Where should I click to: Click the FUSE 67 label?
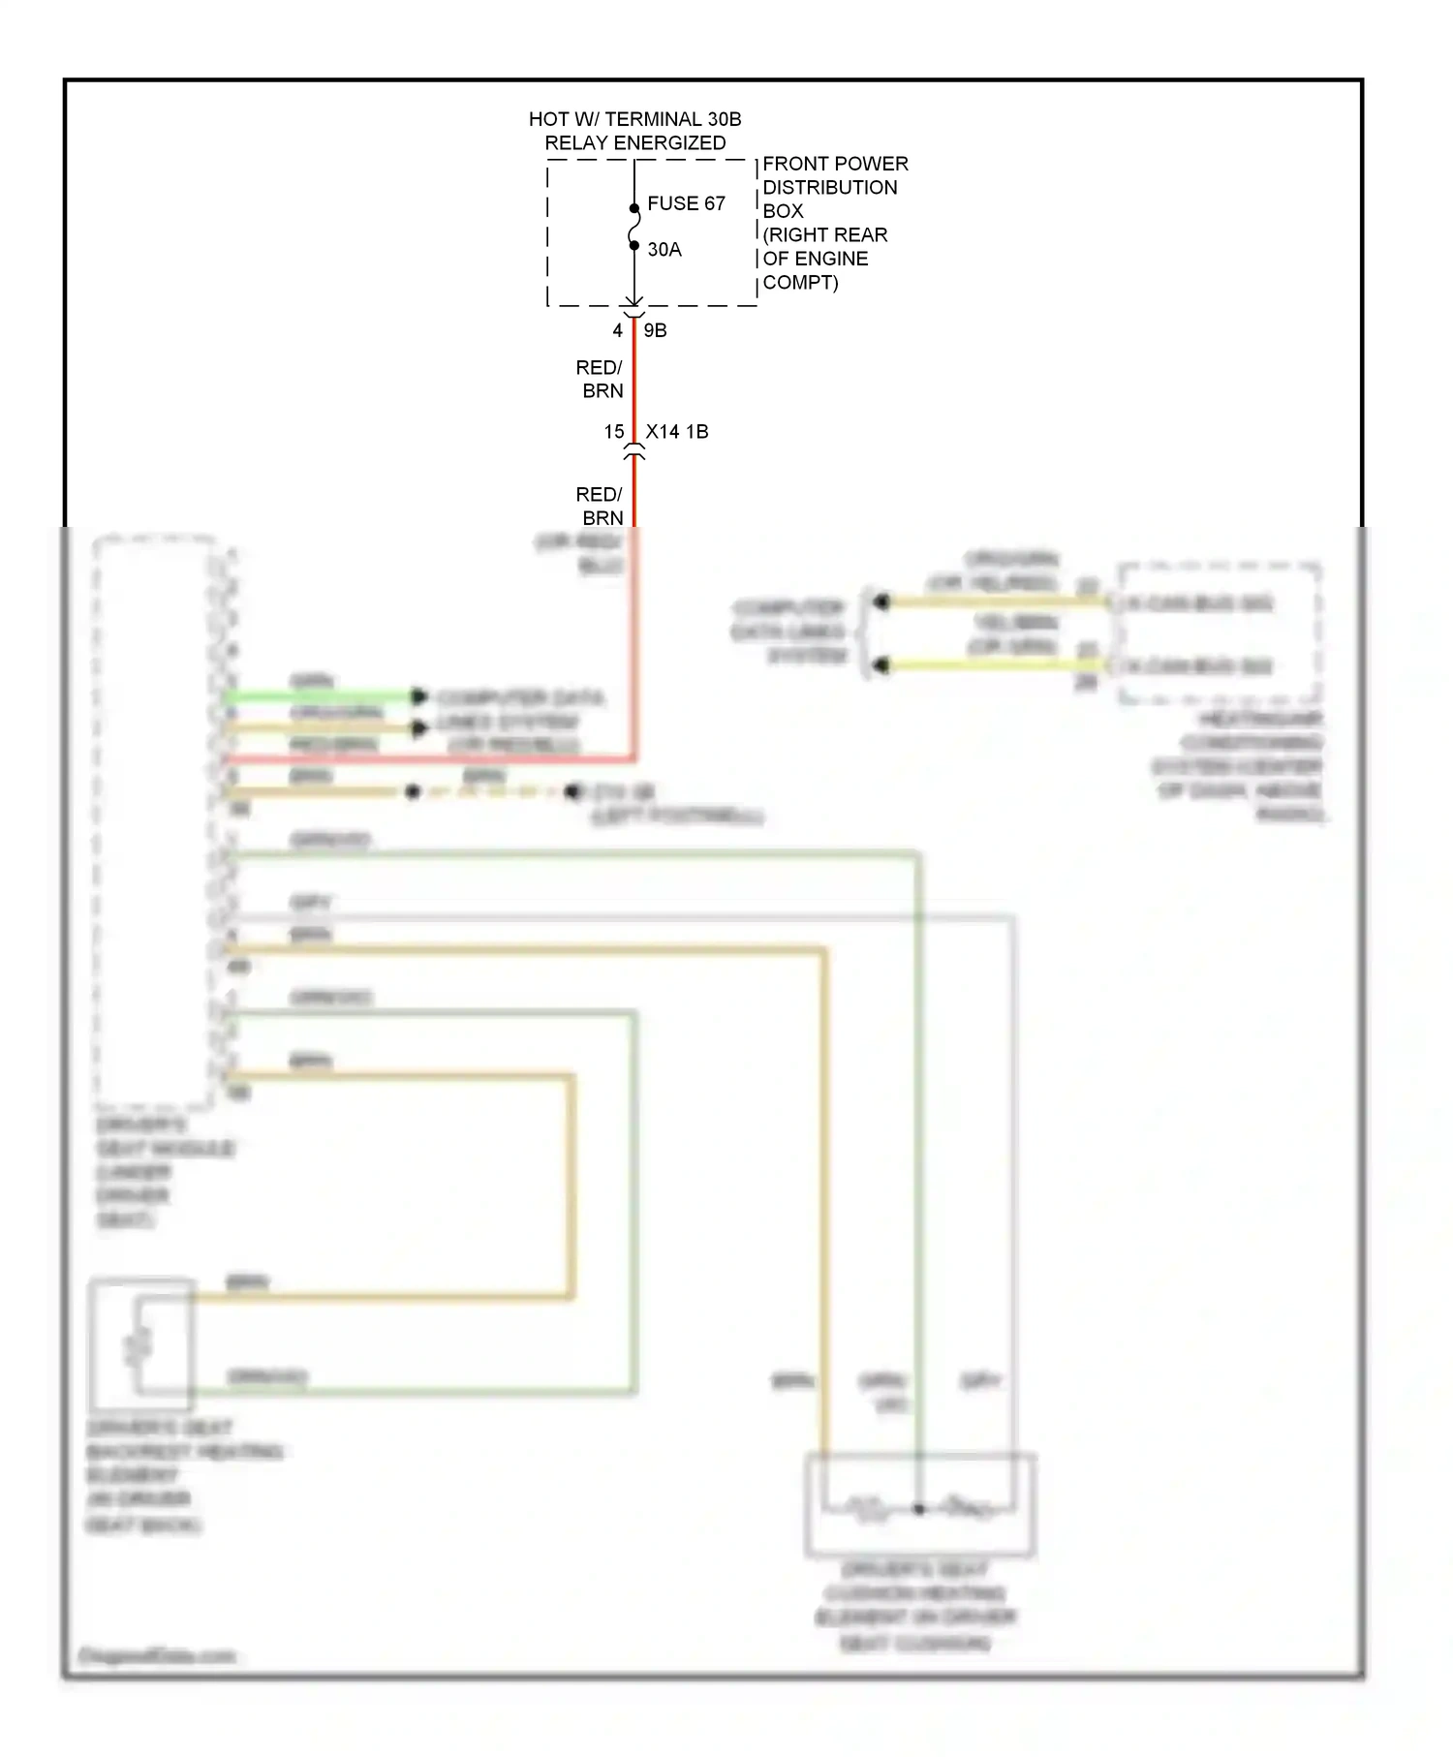tap(686, 203)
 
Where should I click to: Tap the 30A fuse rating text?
tap(665, 250)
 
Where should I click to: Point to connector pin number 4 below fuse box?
tap(617, 331)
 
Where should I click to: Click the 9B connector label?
tap(656, 331)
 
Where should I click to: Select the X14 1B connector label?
tap(677, 432)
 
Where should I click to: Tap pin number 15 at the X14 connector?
tap(614, 432)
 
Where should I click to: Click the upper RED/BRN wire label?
tap(600, 379)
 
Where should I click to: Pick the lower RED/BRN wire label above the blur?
tap(600, 506)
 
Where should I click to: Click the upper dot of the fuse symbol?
tap(634, 208)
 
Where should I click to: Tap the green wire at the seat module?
tap(320, 696)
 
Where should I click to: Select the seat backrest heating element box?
tap(141, 1345)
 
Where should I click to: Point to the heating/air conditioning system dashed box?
tap(1219, 632)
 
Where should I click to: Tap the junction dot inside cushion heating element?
tap(919, 1509)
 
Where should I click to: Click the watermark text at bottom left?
tap(156, 1655)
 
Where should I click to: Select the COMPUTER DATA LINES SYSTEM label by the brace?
tap(789, 632)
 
